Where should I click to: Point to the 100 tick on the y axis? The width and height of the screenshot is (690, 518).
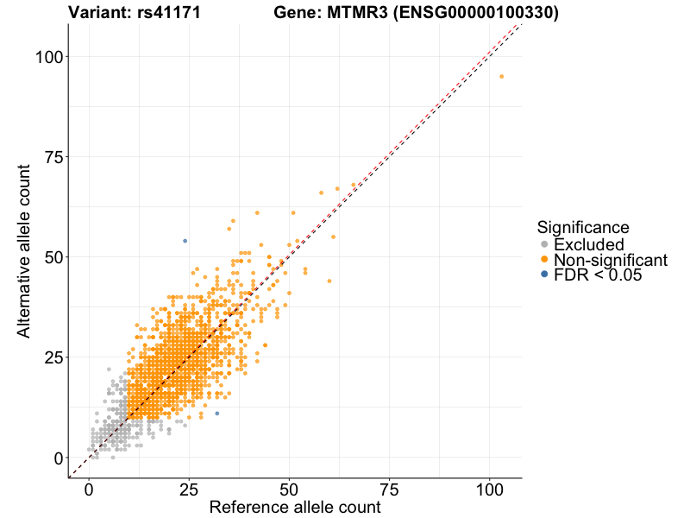(x=50, y=57)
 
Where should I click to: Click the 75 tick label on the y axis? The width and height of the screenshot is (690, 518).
(x=50, y=157)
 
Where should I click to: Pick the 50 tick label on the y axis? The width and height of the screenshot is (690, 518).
(x=50, y=257)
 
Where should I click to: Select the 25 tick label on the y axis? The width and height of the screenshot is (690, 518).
(x=50, y=357)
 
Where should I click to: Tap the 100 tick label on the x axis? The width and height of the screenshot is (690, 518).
(x=490, y=490)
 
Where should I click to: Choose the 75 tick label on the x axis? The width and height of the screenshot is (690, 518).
(x=390, y=490)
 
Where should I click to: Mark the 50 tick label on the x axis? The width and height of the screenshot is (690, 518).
(x=290, y=490)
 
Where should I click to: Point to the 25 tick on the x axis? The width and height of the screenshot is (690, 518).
(x=190, y=490)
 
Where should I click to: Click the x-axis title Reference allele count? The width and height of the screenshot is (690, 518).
(x=295, y=508)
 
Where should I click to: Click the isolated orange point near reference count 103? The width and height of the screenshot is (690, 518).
(x=501, y=77)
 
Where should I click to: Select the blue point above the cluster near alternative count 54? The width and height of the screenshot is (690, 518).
(x=185, y=241)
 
